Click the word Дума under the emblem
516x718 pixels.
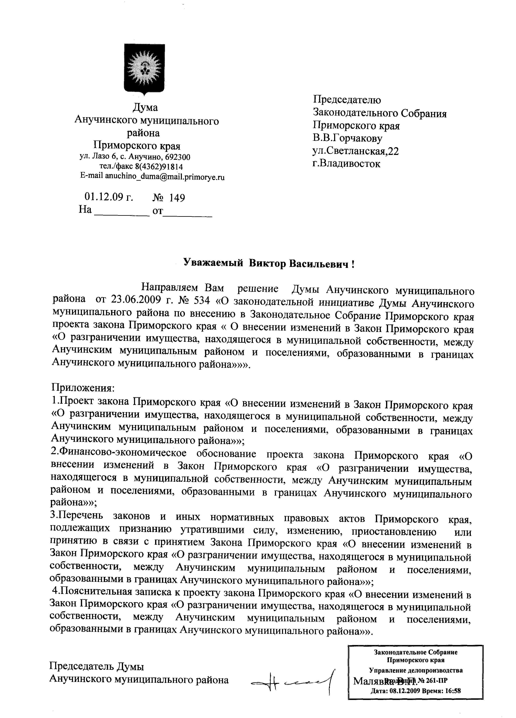click(145, 108)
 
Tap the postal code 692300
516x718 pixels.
click(178, 157)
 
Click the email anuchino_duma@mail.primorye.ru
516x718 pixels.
click(165, 177)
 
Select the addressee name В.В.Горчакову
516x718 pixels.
click(348, 138)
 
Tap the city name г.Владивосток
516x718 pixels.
click(346, 164)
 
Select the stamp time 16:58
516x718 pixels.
click(453, 691)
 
